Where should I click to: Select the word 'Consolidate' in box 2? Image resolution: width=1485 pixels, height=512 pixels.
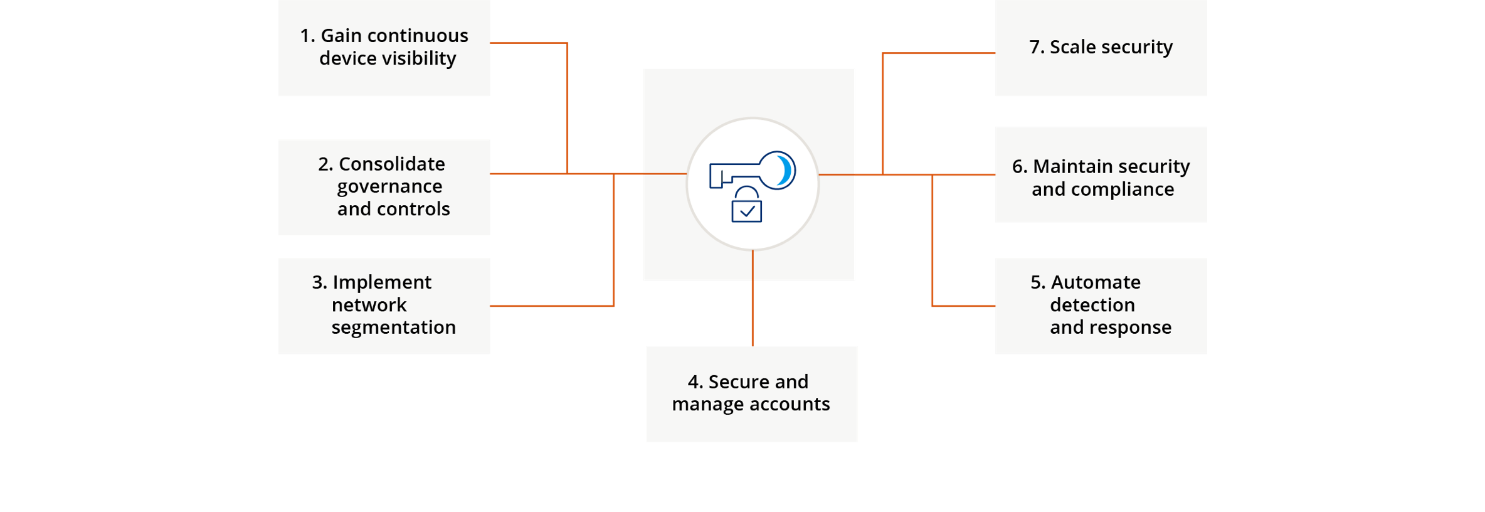(391, 164)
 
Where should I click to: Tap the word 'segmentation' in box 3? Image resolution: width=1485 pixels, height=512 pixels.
(393, 327)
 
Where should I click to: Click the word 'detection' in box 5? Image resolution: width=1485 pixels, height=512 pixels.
(1092, 305)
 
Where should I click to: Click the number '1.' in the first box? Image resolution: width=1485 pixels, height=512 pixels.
(307, 36)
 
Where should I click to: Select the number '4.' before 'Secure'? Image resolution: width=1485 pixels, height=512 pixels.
(695, 381)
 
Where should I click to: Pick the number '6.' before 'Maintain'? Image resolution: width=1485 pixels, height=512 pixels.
(1019, 166)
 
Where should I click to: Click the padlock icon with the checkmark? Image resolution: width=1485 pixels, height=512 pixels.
(746, 205)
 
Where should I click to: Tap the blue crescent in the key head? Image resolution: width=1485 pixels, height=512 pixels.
(785, 170)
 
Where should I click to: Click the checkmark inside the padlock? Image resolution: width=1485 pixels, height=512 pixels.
(747, 211)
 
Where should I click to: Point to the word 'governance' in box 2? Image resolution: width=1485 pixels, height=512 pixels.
(389, 186)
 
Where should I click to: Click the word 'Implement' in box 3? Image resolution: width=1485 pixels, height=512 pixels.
(381, 282)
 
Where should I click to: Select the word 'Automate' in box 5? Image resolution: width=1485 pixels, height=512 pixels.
(1095, 282)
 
